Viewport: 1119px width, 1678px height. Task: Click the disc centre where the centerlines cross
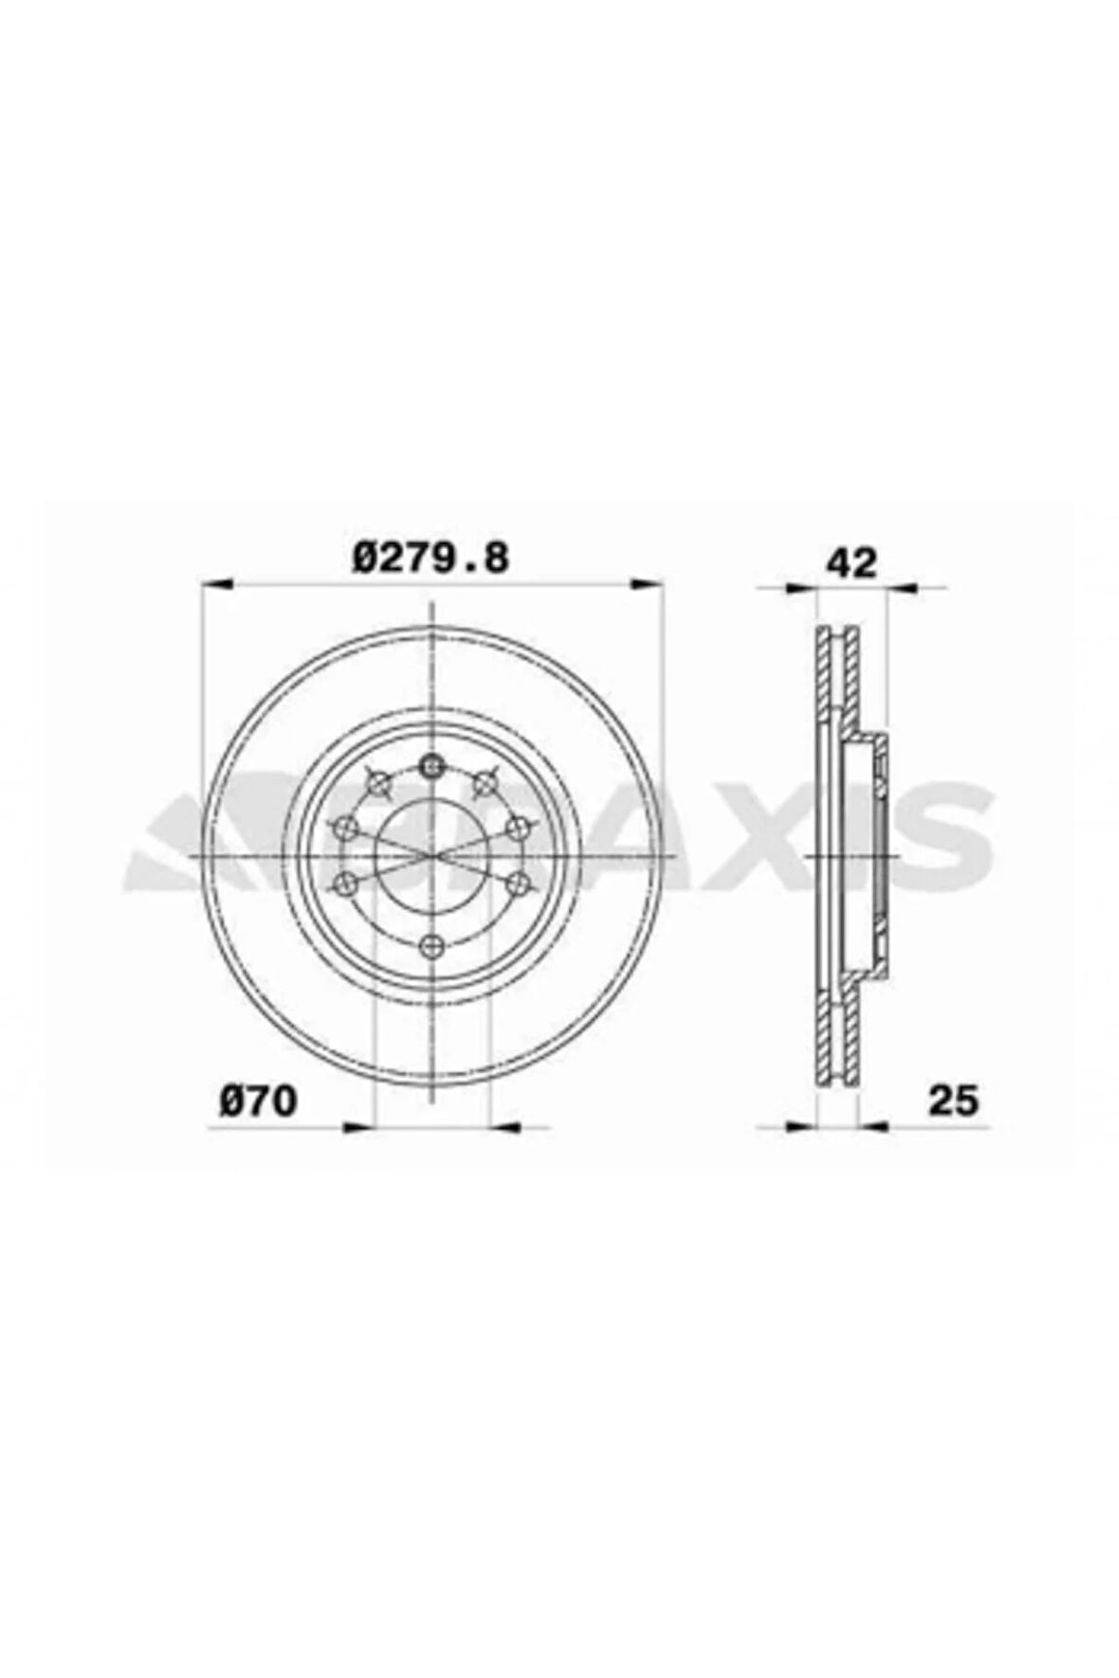(x=431, y=855)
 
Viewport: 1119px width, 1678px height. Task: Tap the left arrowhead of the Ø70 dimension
(x=357, y=1126)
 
